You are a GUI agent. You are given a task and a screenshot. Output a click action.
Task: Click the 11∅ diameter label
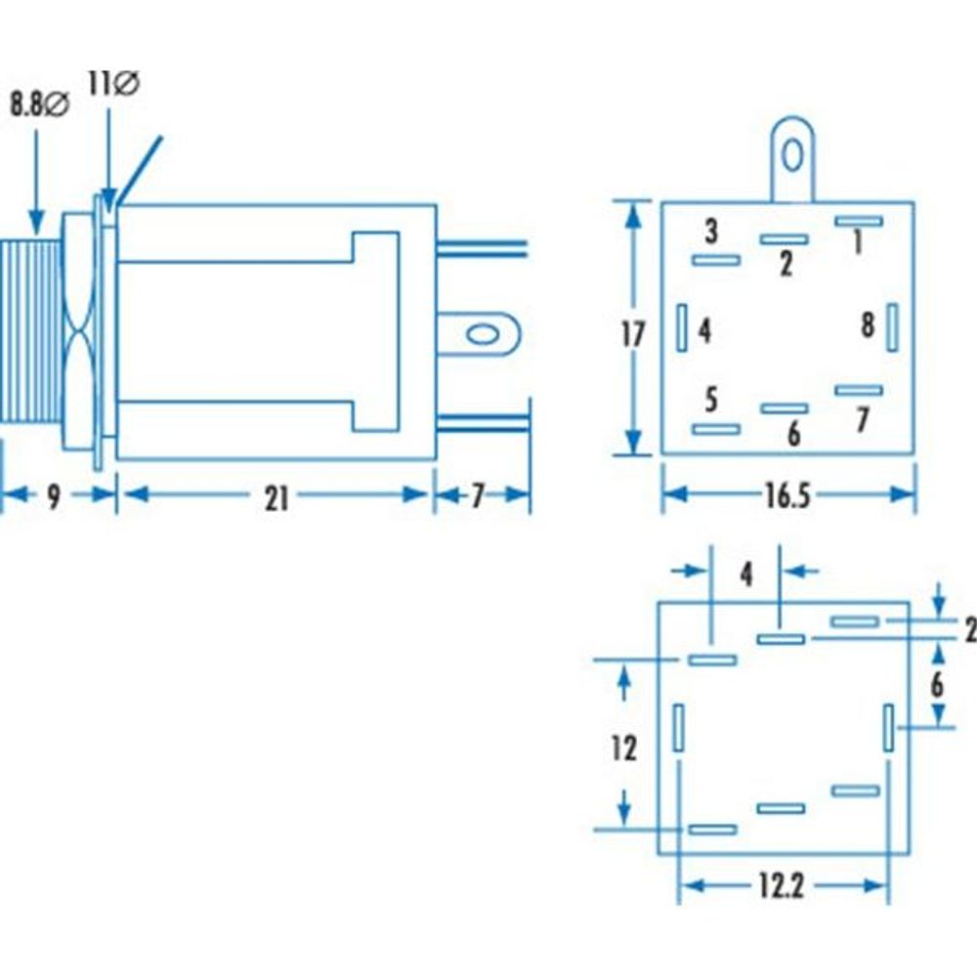tap(113, 84)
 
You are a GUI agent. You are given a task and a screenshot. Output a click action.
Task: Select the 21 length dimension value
tap(277, 498)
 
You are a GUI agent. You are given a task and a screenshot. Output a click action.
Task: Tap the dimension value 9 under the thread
tap(54, 498)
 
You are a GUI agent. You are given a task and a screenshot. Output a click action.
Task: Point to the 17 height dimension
tap(633, 334)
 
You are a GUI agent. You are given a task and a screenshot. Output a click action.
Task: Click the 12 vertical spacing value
tap(623, 748)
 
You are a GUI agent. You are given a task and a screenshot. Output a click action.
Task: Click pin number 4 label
tap(704, 331)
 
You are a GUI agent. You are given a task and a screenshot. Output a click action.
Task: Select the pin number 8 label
tap(868, 326)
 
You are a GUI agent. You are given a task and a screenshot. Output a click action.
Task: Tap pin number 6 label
tap(793, 434)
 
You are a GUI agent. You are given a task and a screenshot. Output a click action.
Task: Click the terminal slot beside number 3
tap(715, 260)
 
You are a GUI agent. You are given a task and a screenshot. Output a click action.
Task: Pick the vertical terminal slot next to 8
tap(891, 327)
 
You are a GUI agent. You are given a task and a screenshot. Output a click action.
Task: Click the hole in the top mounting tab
tap(793, 155)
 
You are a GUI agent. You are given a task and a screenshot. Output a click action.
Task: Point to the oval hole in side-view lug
tap(481, 335)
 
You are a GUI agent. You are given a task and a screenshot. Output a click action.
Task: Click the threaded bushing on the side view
tap(31, 332)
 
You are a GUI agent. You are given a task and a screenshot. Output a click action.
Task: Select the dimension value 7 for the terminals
tap(478, 498)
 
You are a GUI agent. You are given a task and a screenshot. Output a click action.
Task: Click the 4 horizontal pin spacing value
tap(746, 574)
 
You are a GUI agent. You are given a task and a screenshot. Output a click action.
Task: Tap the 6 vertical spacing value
tap(936, 684)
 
